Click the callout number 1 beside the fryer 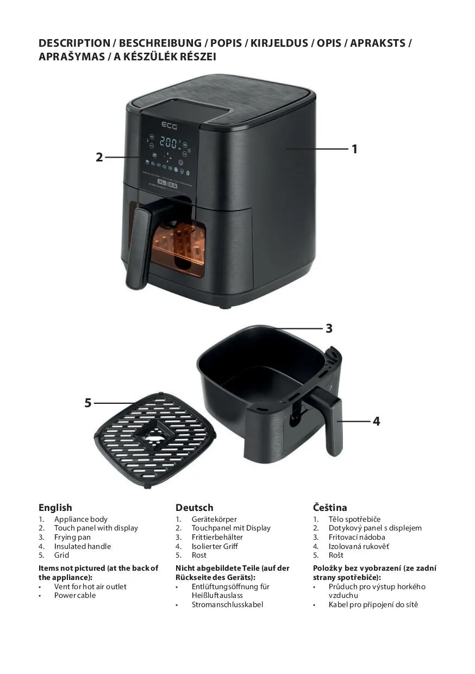pos(355,149)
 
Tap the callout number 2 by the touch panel pos(99,157)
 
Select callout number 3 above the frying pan pos(329,328)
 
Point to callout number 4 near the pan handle pos(377,421)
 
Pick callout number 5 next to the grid pos(88,403)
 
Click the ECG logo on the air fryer pos(169,125)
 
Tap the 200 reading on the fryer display pos(169,142)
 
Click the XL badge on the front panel pos(162,182)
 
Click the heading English pos(55,508)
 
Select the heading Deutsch pos(195,508)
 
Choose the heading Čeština pos(330,507)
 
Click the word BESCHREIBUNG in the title pos(160,43)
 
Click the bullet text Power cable pos(75,596)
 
